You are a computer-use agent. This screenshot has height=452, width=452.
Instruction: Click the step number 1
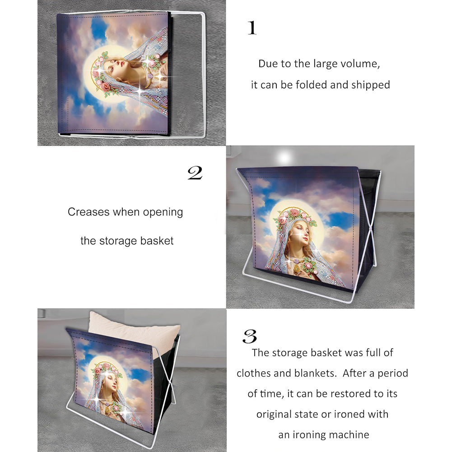(252, 28)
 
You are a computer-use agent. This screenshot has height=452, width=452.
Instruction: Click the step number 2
(195, 173)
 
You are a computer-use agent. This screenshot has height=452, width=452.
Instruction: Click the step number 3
(250, 336)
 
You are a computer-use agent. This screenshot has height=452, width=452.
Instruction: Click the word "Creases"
(89, 212)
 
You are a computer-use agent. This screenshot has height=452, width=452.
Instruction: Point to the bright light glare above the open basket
(284, 158)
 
